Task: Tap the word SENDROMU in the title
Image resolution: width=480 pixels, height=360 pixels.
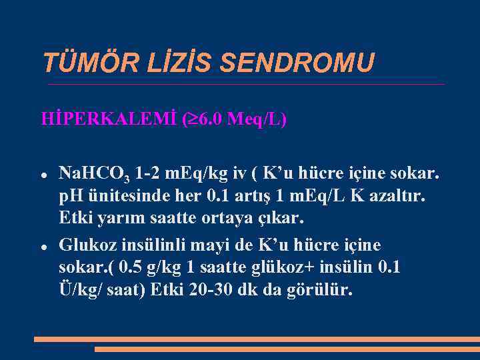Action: point(297,63)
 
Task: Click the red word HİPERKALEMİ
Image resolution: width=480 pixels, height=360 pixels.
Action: point(109,119)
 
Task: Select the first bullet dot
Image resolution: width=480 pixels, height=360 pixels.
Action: point(43,175)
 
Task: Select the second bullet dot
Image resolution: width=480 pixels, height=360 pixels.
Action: point(43,246)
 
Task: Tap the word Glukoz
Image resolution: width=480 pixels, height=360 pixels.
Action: point(85,245)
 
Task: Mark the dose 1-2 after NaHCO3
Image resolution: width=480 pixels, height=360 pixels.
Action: point(147,175)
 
